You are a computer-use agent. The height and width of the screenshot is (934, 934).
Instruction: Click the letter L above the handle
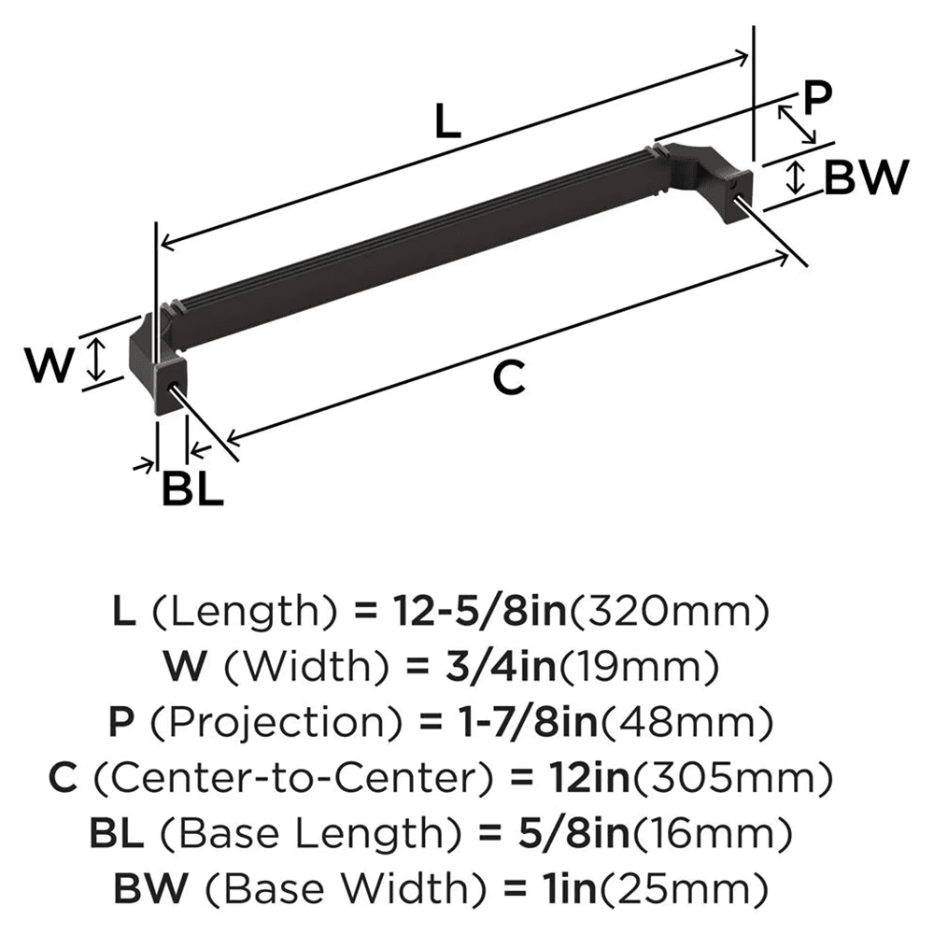point(448,121)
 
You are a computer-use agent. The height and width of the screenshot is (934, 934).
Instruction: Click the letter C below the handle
point(508,378)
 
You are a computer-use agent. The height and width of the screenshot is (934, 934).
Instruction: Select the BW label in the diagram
point(866,177)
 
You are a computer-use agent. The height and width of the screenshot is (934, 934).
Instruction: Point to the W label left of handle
point(49,365)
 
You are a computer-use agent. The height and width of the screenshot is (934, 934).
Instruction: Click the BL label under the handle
point(192,488)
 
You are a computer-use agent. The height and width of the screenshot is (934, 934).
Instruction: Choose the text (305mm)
point(729,775)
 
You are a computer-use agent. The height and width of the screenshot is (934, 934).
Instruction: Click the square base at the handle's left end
point(173,386)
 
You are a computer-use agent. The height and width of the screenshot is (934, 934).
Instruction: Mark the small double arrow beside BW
point(795,177)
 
